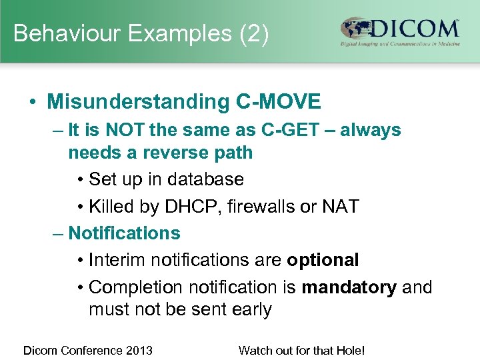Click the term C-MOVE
(x=278, y=102)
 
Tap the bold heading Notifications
(x=124, y=233)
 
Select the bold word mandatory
(x=349, y=287)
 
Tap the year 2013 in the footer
(x=139, y=350)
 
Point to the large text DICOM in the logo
(x=416, y=29)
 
